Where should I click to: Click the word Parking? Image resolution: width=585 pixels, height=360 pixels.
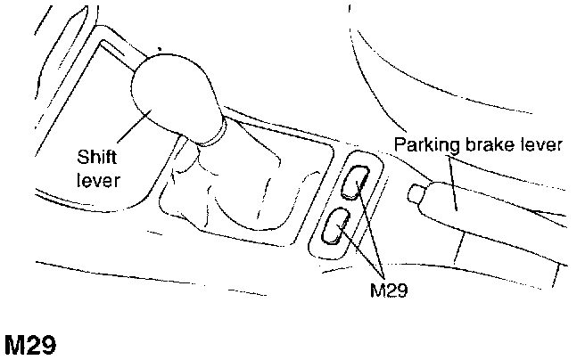424,145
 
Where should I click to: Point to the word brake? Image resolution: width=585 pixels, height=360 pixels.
480,145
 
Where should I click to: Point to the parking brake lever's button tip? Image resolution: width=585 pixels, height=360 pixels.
415,192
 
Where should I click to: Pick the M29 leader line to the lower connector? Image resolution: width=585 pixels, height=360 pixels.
361,254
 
